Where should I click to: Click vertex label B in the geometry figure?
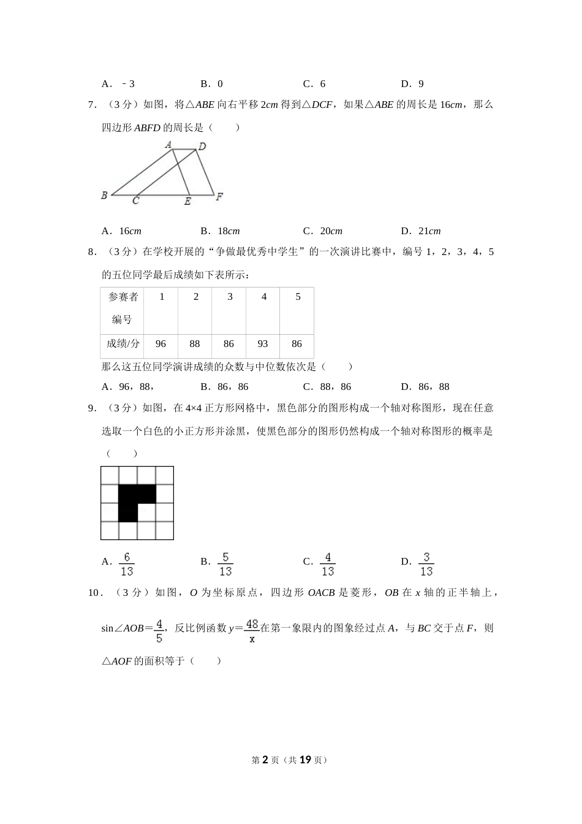point(104,196)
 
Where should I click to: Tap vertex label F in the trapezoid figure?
point(219,197)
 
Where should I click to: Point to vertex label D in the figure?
point(202,147)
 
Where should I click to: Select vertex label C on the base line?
point(135,200)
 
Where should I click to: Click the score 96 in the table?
point(161,344)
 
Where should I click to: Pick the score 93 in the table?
point(263,344)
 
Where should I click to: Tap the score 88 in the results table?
point(195,344)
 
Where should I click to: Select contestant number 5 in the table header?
point(298,297)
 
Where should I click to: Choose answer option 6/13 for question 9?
point(127,564)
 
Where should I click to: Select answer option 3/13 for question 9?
point(426,564)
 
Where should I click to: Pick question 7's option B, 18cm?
point(221,231)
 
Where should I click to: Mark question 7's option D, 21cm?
point(421,231)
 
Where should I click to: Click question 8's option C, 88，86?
point(328,387)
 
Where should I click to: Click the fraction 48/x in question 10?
point(251,630)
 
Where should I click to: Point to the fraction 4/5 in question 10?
point(159,630)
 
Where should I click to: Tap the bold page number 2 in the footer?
point(265,760)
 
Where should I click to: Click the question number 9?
point(91,408)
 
